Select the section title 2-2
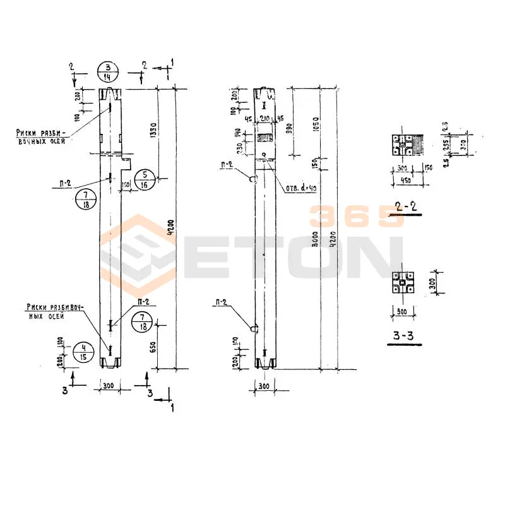click(x=403, y=206)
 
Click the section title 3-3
click(x=403, y=336)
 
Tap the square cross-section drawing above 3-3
click(x=402, y=283)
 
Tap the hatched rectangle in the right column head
click(x=265, y=137)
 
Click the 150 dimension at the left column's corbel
click(x=126, y=184)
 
